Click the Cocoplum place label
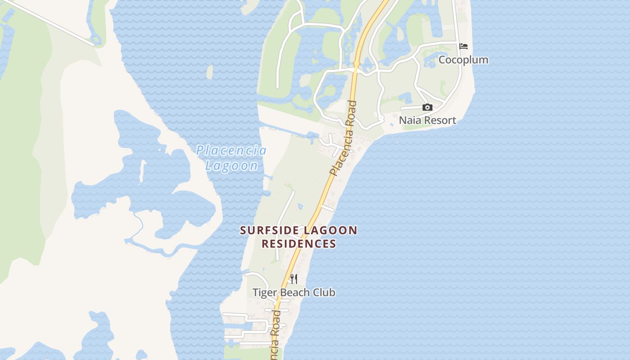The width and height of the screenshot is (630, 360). [463, 60]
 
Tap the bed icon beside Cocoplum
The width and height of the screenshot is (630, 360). [463, 46]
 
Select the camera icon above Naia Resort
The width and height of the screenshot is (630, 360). [427, 107]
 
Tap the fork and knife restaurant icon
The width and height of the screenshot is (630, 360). [293, 279]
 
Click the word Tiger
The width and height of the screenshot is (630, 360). [263, 292]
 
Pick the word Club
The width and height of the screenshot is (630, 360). [325, 292]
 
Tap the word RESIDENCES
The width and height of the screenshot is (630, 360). [299, 244]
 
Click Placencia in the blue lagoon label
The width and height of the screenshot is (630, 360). [231, 151]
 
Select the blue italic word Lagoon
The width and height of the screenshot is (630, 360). [232, 166]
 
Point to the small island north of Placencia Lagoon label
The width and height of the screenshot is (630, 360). [209, 72]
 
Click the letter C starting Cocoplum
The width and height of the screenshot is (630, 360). [442, 60]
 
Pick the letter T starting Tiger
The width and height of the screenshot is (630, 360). [255, 292]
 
